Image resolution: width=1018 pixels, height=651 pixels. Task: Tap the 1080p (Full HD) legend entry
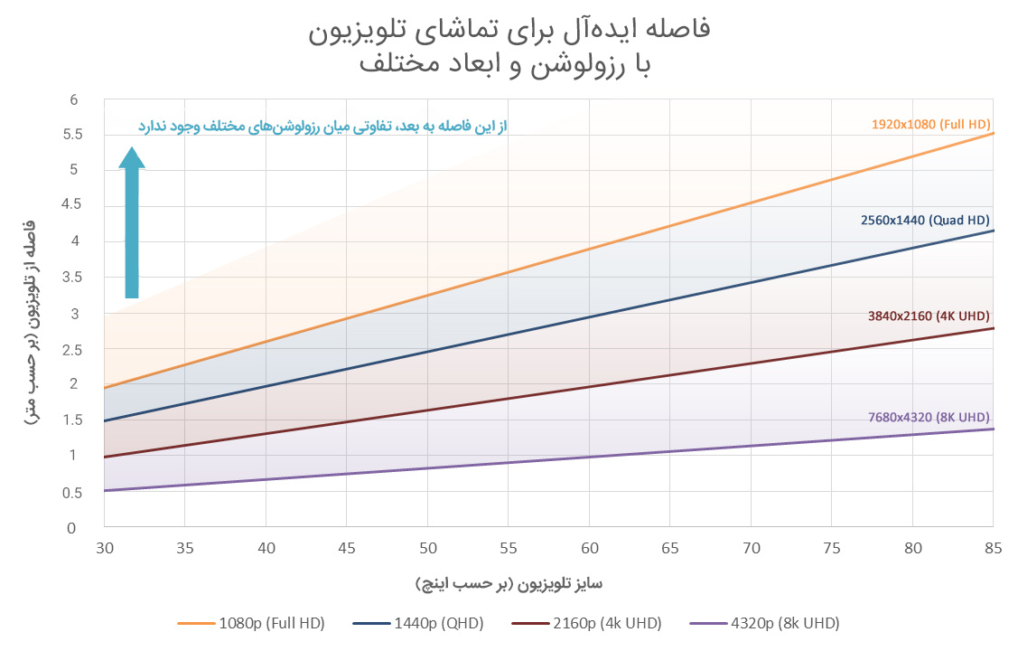point(252,623)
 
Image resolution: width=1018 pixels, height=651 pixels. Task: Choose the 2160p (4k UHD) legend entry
point(586,623)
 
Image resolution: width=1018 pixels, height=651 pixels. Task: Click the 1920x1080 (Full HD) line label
point(930,124)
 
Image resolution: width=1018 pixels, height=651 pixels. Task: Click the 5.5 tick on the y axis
point(73,135)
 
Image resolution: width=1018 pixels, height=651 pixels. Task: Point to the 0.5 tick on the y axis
point(73,493)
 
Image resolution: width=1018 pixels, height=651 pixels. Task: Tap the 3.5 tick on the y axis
point(73,278)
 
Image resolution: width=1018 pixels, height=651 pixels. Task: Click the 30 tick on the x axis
point(104,548)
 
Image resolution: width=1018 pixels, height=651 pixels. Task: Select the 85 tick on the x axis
point(994,548)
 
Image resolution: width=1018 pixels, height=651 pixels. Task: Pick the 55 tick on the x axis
point(509,548)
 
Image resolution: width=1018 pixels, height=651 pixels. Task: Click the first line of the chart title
point(509,29)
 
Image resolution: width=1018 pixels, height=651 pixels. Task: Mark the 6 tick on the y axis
point(73,99)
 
